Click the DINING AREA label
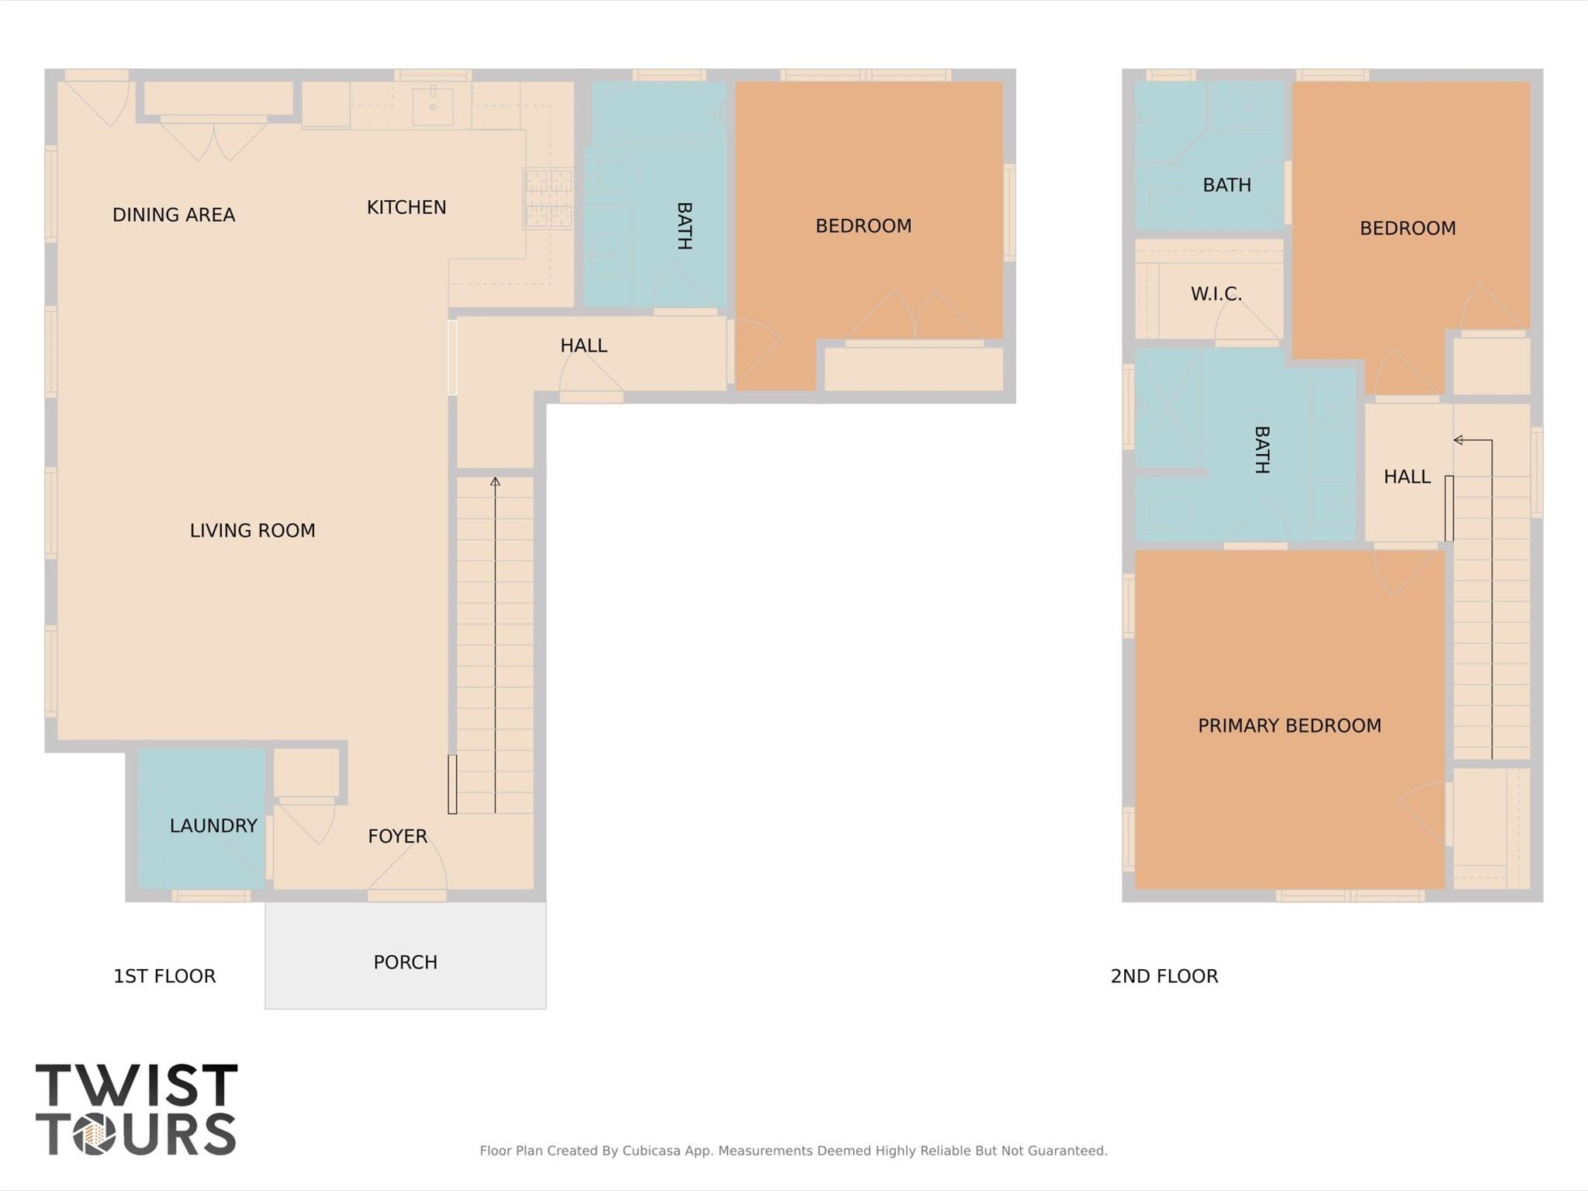pyautogui.click(x=173, y=215)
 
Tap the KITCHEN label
pyautogui.click(x=406, y=207)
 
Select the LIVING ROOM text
pyautogui.click(x=252, y=531)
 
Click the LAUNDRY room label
pyautogui.click(x=213, y=826)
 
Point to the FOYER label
pyautogui.click(x=397, y=836)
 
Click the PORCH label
pyautogui.click(x=405, y=962)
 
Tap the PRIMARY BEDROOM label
pyautogui.click(x=1289, y=725)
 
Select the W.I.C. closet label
pyautogui.click(x=1216, y=294)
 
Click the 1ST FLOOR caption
pyautogui.click(x=164, y=976)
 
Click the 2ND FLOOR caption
pyautogui.click(x=1164, y=976)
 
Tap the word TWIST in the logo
pyautogui.click(x=137, y=1085)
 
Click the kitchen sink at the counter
pyautogui.click(x=432, y=105)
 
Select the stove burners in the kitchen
pyautogui.click(x=548, y=199)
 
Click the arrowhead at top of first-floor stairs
pyautogui.click(x=495, y=482)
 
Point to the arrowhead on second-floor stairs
pyautogui.click(x=1458, y=440)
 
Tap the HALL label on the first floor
pyautogui.click(x=583, y=345)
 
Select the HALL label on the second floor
pyautogui.click(x=1406, y=476)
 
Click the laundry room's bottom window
pyautogui.click(x=211, y=896)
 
